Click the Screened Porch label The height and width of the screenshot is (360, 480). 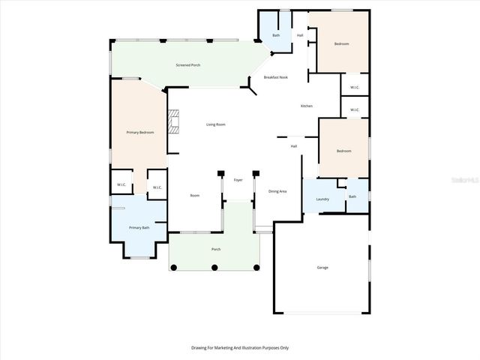point(187,65)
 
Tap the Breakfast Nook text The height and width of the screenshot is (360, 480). point(276,77)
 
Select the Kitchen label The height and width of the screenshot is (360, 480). point(306,106)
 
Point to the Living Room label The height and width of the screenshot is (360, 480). point(216,124)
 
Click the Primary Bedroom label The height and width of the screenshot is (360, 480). point(140,132)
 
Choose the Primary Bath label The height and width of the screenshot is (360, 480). point(139,227)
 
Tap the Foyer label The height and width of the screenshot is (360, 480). point(238,180)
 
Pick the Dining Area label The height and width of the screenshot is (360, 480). point(277,192)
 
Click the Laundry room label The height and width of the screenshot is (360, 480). point(322,199)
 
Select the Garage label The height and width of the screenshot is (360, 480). point(322,267)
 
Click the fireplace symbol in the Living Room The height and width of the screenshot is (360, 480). point(175,121)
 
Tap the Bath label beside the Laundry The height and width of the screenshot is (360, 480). point(352,196)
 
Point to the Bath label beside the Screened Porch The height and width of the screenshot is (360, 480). point(276,35)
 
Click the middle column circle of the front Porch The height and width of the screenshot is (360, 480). point(214,267)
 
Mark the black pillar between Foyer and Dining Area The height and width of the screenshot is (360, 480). point(256,172)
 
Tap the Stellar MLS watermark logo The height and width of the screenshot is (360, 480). point(466,180)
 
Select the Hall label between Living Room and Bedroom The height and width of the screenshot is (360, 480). point(294,145)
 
